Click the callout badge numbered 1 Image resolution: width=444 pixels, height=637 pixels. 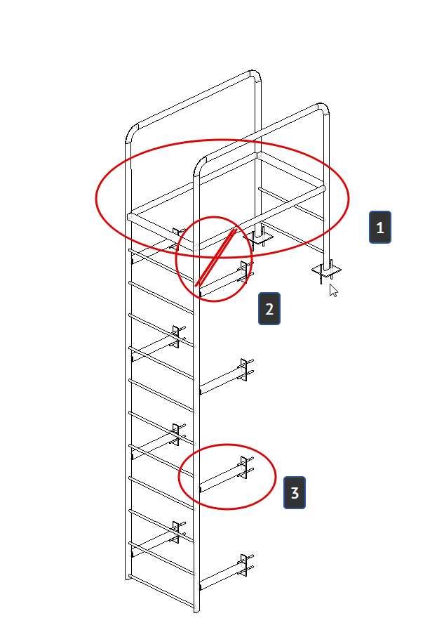[380, 227]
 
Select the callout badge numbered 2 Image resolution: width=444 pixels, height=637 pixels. [269, 309]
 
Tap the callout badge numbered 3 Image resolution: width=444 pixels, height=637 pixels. [294, 493]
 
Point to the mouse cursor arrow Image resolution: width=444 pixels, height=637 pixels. [333, 291]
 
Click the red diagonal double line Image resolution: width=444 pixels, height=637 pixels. [215, 258]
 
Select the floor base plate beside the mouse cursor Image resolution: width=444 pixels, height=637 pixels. [326, 270]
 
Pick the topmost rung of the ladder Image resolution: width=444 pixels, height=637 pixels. [161, 265]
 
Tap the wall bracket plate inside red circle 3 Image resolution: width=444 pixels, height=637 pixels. [243, 467]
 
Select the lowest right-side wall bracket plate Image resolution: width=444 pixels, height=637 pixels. [243, 565]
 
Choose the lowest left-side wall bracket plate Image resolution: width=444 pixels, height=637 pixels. [175, 532]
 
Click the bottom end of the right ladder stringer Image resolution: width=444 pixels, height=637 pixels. [196, 610]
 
